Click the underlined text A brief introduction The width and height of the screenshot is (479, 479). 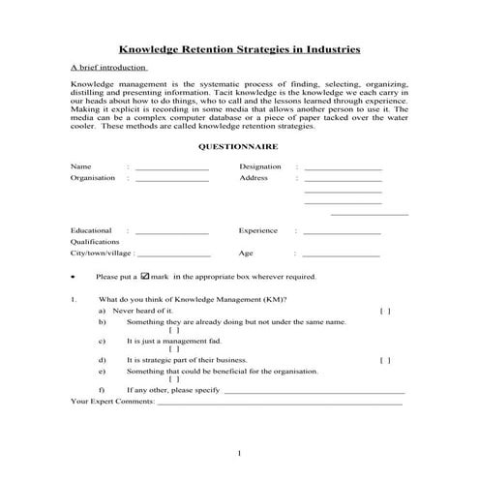(108, 68)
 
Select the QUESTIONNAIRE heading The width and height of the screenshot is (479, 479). (239, 146)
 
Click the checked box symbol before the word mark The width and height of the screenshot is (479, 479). (145, 276)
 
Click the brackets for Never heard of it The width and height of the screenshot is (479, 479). (385, 312)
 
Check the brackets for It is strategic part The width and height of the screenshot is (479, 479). (385, 360)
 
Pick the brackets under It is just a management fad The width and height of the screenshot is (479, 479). (174, 348)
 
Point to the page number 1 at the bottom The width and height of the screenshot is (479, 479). (239, 452)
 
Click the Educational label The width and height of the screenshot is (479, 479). (90, 231)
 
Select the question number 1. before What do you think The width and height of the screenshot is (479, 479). (74, 300)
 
